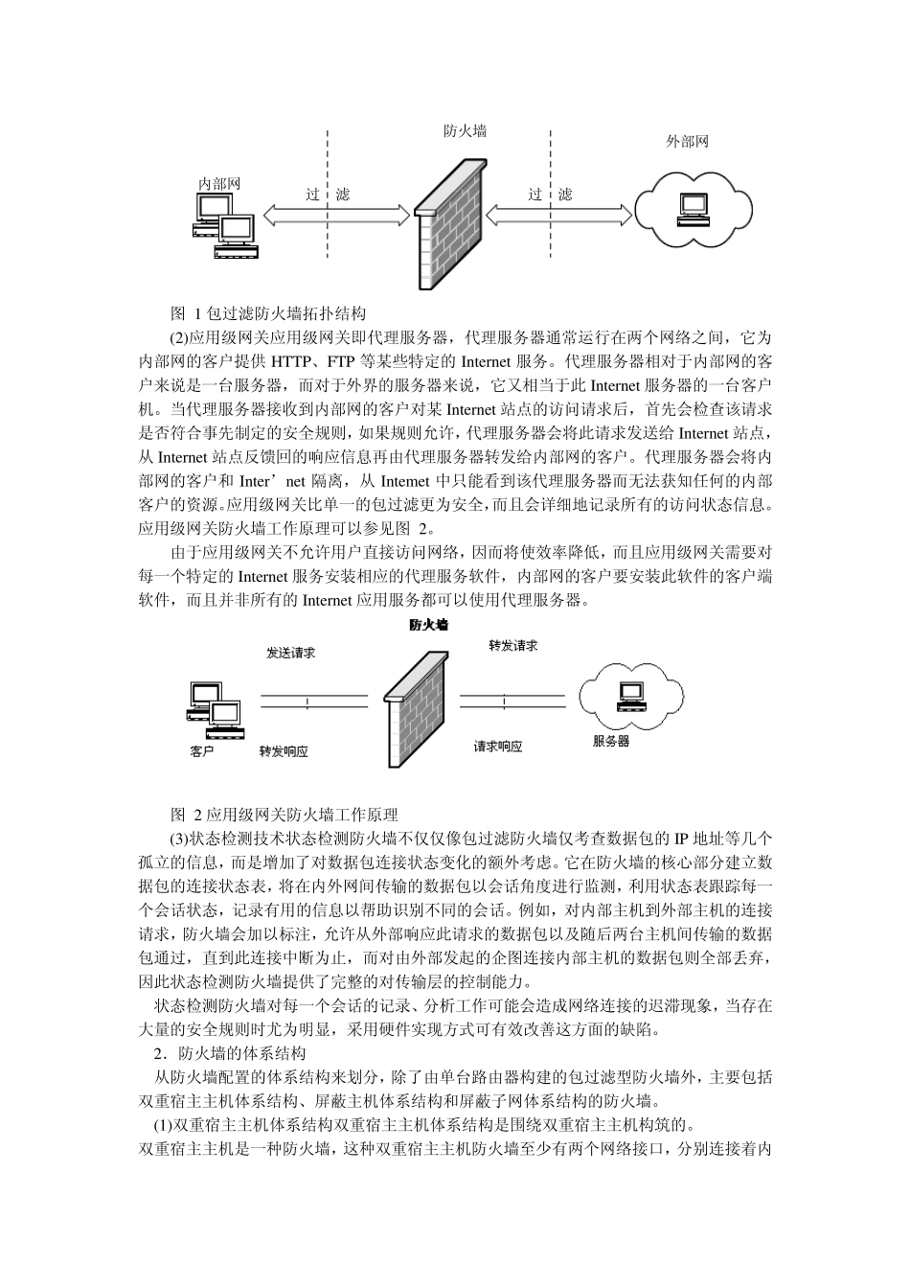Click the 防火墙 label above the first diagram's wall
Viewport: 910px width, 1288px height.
(465, 131)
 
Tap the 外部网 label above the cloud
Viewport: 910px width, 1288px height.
(687, 142)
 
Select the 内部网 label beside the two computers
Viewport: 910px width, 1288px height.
(219, 183)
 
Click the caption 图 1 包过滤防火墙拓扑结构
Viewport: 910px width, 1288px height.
(267, 313)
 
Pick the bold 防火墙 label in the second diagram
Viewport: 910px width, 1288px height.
(428, 625)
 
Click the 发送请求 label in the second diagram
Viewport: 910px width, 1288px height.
(291, 653)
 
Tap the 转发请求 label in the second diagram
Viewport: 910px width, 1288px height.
(512, 646)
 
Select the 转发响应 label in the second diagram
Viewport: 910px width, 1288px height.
(284, 752)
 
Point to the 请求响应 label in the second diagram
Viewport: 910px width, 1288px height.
(498, 746)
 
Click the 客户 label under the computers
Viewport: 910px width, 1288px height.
(201, 752)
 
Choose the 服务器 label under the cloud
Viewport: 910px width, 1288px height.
(611, 741)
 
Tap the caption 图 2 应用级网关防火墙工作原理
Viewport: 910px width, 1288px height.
(284, 816)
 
